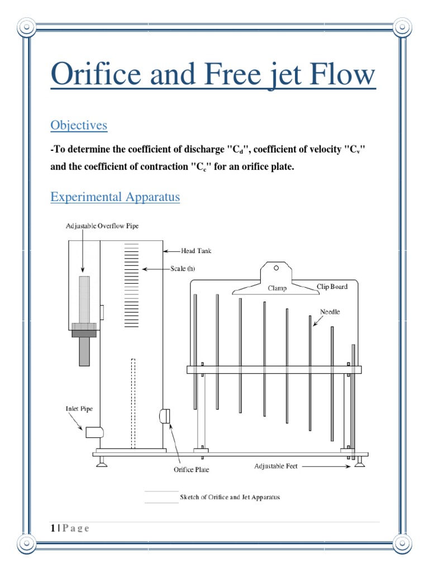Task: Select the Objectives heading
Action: (x=79, y=125)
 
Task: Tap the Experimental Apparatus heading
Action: (x=115, y=197)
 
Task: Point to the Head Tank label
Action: (x=196, y=251)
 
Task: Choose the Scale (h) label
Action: (x=183, y=269)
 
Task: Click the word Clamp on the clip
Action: (x=277, y=288)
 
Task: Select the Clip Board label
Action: (x=332, y=287)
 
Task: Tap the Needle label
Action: (x=330, y=311)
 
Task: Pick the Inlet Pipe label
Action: (x=79, y=409)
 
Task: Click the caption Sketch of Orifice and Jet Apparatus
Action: (x=230, y=497)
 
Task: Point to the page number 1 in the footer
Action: (x=53, y=528)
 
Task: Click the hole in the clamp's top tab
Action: (x=276, y=268)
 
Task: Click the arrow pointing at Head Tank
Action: (x=172, y=251)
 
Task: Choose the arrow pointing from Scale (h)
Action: (x=155, y=269)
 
